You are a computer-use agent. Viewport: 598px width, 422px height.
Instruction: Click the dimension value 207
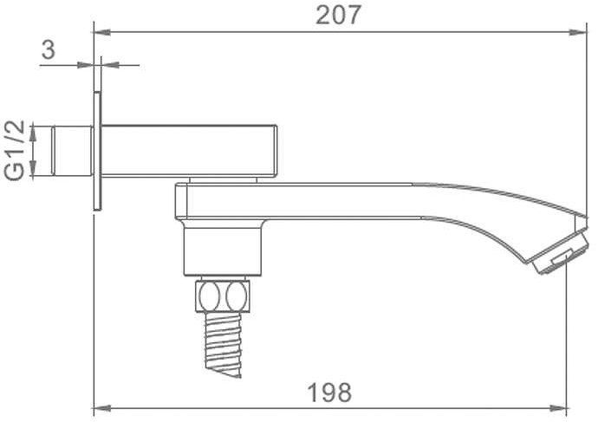(337, 15)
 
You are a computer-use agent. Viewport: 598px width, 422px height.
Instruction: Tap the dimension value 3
(49, 49)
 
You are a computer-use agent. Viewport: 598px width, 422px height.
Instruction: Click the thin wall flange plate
(97, 151)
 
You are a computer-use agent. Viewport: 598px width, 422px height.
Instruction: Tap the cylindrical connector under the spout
(222, 252)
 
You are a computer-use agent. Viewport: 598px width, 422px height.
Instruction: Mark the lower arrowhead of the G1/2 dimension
(33, 172)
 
